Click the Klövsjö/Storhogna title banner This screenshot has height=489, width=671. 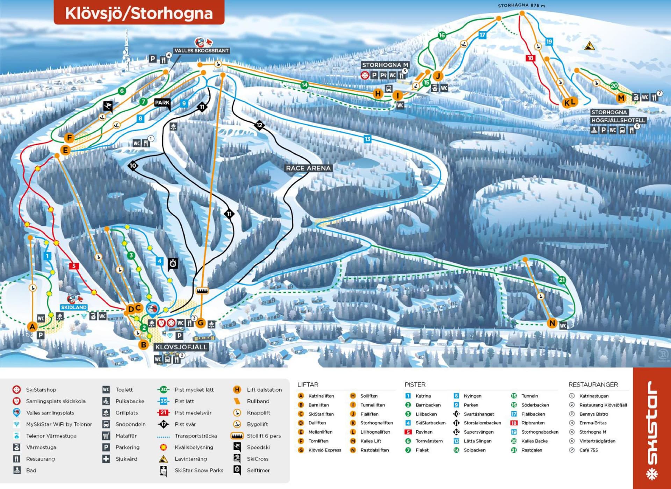click(139, 13)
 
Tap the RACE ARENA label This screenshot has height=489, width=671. click(308, 168)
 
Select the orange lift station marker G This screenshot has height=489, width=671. click(200, 323)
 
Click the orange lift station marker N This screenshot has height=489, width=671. click(552, 323)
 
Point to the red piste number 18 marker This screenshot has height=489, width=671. click(530, 58)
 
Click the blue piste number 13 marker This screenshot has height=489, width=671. click(367, 139)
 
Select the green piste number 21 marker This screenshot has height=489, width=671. click(562, 280)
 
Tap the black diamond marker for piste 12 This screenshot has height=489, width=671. click(259, 125)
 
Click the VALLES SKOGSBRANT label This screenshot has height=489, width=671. click(202, 51)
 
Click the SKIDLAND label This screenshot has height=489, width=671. click(73, 307)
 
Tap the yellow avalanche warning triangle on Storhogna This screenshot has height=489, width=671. click(590, 46)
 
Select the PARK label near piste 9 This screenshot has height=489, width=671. click(162, 103)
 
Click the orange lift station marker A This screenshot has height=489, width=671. click(32, 327)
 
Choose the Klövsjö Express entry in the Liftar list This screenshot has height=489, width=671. click(324, 450)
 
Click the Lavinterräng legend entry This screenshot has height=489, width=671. click(190, 459)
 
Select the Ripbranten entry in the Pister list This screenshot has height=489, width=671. click(533, 423)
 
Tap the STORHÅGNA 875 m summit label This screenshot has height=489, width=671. click(521, 6)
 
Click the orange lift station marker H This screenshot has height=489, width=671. click(378, 94)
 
